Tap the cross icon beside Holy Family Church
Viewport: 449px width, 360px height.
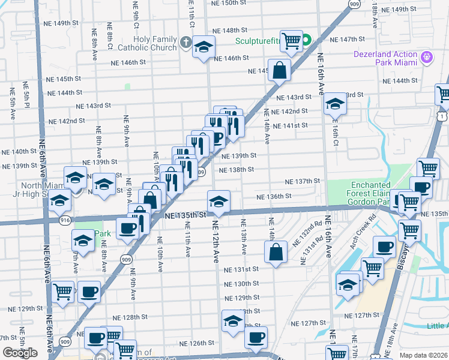pyautogui.click(x=186, y=43)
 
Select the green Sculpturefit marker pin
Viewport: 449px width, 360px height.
pyautogui.click(x=306, y=41)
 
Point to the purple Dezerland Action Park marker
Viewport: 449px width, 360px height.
pyautogui.click(x=427, y=57)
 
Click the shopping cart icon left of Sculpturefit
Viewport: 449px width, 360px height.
pyautogui.click(x=291, y=41)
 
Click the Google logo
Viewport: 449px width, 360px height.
pyautogui.click(x=20, y=352)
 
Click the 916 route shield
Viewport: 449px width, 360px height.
pyautogui.click(x=65, y=221)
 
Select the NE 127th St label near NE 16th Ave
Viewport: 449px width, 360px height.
pyautogui.click(x=363, y=315)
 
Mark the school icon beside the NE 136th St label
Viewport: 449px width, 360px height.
pyautogui.click(x=219, y=202)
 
